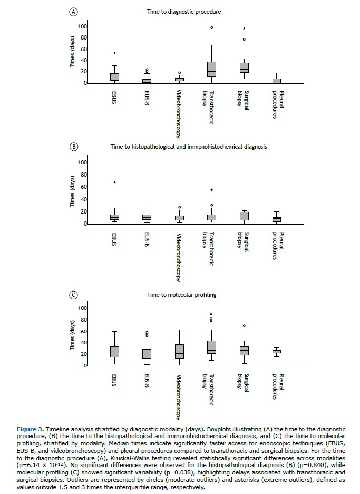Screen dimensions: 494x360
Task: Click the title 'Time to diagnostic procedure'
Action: [x=184, y=11]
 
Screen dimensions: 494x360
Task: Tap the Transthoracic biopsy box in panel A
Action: [x=211, y=69]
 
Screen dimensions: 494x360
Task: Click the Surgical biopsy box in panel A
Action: [x=244, y=67]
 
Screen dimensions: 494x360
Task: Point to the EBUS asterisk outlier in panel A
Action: [x=114, y=54]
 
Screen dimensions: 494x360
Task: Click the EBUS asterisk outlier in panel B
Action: [x=114, y=183]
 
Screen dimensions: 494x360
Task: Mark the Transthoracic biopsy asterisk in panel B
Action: [x=211, y=190]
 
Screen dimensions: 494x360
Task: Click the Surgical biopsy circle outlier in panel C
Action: [x=244, y=326]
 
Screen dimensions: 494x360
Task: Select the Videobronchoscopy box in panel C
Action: [x=179, y=351]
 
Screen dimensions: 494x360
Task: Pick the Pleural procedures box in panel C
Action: [x=276, y=351]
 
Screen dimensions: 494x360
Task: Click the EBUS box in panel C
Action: [x=114, y=352]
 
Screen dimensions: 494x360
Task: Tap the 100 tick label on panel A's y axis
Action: [x=82, y=26]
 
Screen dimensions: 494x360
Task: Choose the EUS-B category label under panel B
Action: [x=147, y=239]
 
